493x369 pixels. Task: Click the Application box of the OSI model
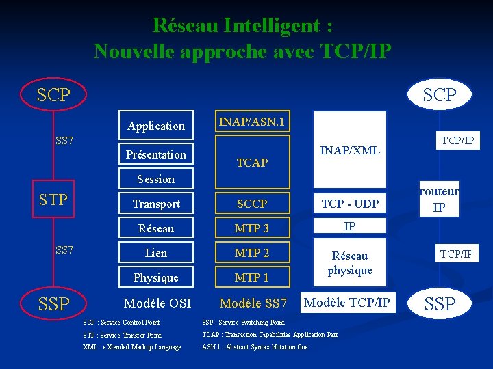click(x=156, y=126)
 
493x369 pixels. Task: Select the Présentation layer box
click(x=156, y=154)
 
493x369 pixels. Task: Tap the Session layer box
click(x=156, y=179)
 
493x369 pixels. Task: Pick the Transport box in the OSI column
click(x=156, y=204)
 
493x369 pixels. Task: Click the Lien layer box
click(x=156, y=253)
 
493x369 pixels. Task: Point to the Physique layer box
click(x=156, y=277)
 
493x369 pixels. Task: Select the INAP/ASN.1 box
click(x=252, y=122)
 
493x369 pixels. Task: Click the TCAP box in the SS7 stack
click(x=252, y=163)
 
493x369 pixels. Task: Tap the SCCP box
click(x=252, y=204)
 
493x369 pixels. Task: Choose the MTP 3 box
click(x=252, y=228)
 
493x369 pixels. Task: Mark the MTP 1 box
click(x=252, y=277)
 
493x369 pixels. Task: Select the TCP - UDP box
click(x=350, y=204)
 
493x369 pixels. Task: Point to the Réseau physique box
click(x=350, y=263)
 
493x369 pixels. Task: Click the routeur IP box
click(x=439, y=200)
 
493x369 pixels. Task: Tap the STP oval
click(x=54, y=200)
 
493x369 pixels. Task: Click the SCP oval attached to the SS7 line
click(x=54, y=95)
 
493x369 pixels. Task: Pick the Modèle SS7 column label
click(x=253, y=303)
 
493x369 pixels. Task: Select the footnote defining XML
click(x=131, y=347)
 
